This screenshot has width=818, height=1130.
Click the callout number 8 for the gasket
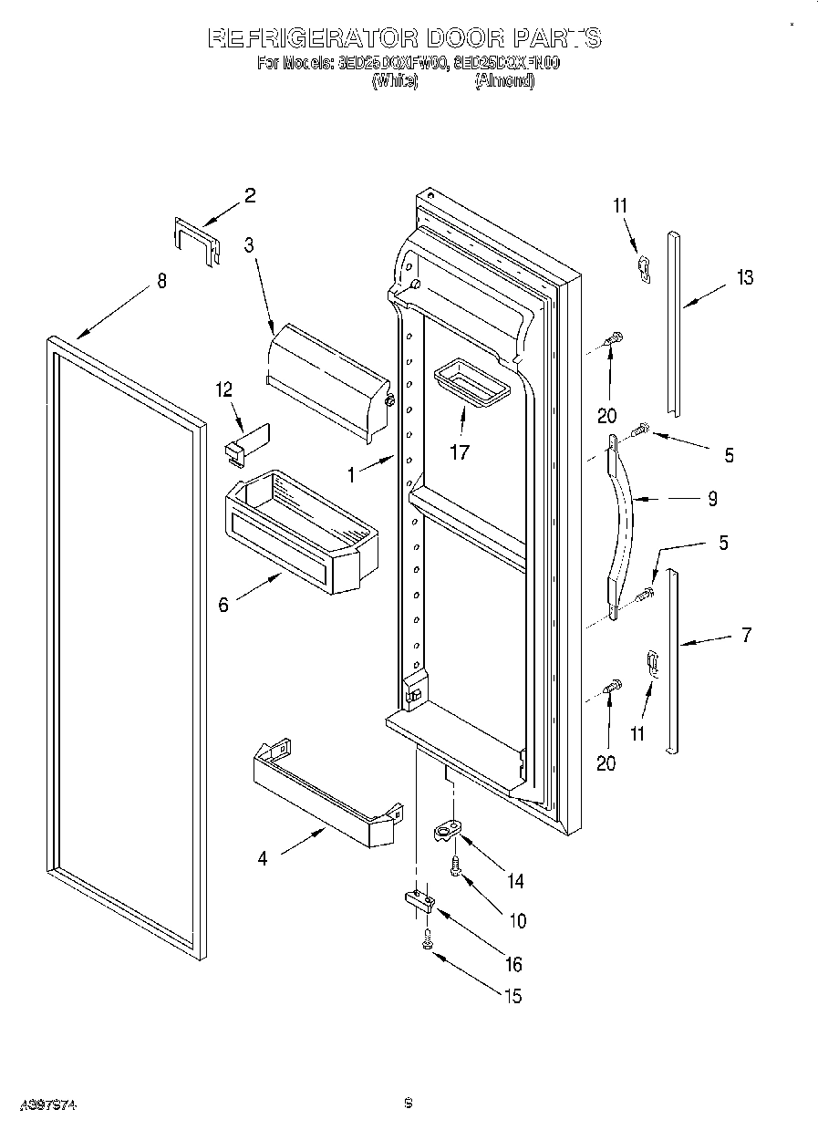pyautogui.click(x=161, y=281)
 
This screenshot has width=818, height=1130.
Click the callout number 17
pyautogui.click(x=460, y=451)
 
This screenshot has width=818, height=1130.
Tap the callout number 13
pyautogui.click(x=745, y=277)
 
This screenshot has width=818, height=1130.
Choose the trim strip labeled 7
pyautogui.click(x=672, y=660)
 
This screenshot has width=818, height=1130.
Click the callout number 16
pyautogui.click(x=513, y=964)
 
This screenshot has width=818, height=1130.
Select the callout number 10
pyautogui.click(x=517, y=921)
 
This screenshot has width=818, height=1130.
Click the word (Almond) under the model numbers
pyautogui.click(x=504, y=80)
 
